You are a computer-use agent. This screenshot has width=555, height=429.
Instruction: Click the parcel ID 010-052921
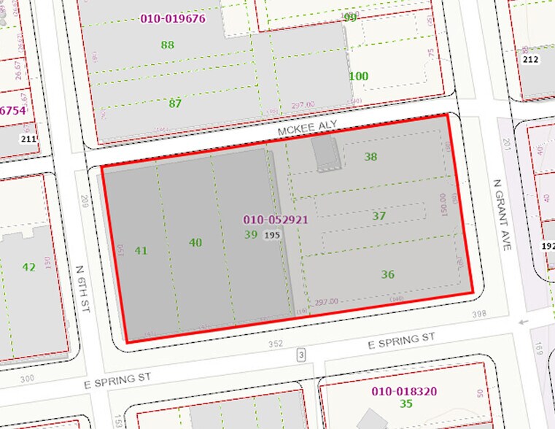click(276, 219)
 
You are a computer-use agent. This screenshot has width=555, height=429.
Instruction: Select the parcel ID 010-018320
click(404, 391)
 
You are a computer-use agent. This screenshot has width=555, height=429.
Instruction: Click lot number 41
click(141, 250)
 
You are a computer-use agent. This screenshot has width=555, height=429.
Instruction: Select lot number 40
click(195, 242)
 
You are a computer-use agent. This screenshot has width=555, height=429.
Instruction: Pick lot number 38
click(371, 156)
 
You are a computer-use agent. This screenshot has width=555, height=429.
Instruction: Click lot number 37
click(379, 216)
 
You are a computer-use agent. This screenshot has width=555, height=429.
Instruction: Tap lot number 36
click(387, 274)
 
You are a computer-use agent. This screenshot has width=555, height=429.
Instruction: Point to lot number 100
click(358, 76)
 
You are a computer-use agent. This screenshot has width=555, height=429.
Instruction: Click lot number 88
click(168, 45)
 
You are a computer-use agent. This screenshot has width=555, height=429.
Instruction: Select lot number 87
click(175, 103)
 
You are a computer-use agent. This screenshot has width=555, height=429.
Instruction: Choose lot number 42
click(28, 267)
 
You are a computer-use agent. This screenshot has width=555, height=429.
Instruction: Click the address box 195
click(273, 235)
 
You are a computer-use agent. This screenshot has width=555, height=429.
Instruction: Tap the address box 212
click(530, 59)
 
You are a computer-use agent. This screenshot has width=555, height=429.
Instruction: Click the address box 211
click(28, 139)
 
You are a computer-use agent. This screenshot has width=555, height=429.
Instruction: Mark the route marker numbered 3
click(300, 355)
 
